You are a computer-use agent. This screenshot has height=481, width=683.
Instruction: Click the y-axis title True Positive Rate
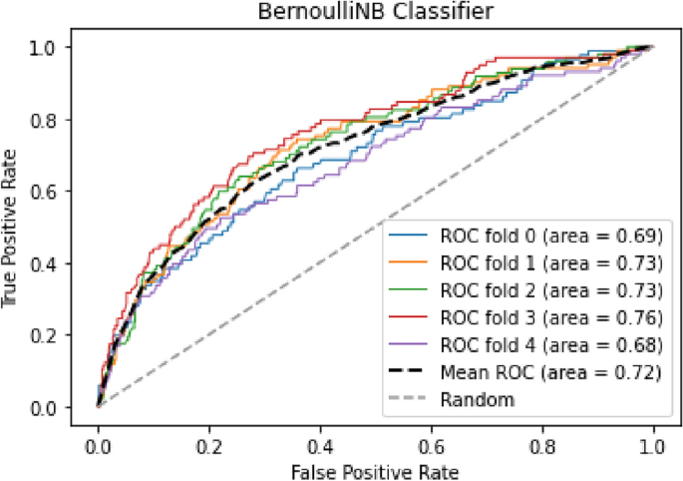point(13,227)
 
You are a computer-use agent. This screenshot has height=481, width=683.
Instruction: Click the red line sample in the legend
point(413,318)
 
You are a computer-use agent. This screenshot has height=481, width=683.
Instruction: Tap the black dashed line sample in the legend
point(413,373)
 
